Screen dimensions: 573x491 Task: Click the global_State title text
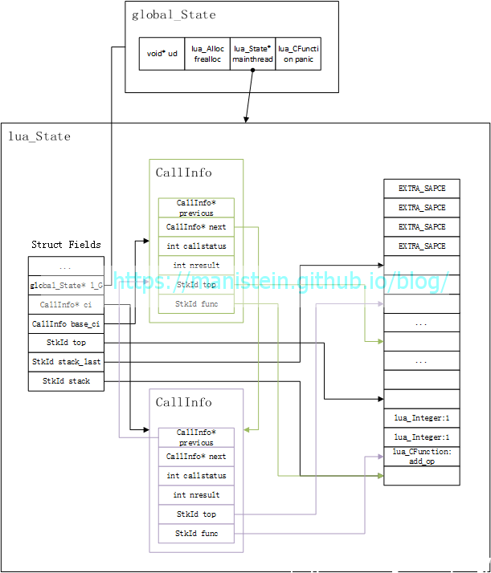coord(174,14)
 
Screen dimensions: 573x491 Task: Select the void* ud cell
coord(162,54)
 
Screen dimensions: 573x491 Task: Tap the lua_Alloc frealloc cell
coord(207,54)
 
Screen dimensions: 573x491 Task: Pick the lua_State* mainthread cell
coord(252,54)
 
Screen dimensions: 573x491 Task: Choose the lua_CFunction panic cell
coord(298,54)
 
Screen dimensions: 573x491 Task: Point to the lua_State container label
coord(39,136)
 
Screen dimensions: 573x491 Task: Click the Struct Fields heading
coord(66,244)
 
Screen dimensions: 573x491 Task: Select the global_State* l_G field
coord(66,285)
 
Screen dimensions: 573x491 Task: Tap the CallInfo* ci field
coord(66,304)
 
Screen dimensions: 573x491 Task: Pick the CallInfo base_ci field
coord(66,323)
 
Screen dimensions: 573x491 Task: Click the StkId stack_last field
coord(66,362)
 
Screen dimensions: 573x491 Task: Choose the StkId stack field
coord(66,381)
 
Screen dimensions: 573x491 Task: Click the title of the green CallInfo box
coord(184,173)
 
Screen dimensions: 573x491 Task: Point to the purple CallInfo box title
coord(184,402)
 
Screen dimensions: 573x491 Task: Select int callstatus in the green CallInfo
coord(196,246)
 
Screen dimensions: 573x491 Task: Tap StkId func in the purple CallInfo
coord(196,533)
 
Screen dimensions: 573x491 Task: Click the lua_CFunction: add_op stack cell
coord(422,457)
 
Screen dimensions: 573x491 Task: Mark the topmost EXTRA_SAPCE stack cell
coord(422,189)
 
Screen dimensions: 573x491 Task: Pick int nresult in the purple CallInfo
coord(196,494)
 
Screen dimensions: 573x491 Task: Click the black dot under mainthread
coord(252,70)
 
